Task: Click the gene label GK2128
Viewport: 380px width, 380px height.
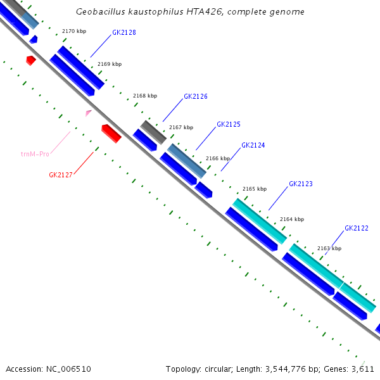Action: [123, 32]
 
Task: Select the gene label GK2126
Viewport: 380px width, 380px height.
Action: [196, 97]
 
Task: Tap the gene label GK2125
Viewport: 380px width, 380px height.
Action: [228, 125]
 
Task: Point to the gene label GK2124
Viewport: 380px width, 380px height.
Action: [253, 146]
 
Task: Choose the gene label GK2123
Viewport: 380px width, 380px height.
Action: [301, 184]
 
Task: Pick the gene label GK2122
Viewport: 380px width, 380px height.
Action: [357, 228]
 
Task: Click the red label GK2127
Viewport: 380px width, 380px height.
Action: [61, 175]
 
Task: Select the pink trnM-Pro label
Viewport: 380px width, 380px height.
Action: [35, 154]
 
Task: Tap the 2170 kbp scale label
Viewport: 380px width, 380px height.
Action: [73, 31]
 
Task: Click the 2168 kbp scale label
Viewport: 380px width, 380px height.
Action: [145, 96]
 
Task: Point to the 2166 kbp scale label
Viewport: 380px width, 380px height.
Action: [218, 158]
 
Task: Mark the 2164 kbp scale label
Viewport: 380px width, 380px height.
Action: [291, 219]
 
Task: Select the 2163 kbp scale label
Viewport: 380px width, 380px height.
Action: [329, 248]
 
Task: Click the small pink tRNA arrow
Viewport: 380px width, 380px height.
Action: [89, 113]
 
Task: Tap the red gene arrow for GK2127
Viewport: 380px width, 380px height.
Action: [111, 133]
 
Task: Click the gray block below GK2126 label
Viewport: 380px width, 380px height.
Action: [153, 131]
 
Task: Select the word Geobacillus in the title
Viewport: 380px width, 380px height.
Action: [101, 12]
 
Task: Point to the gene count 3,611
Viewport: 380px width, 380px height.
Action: [364, 369]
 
